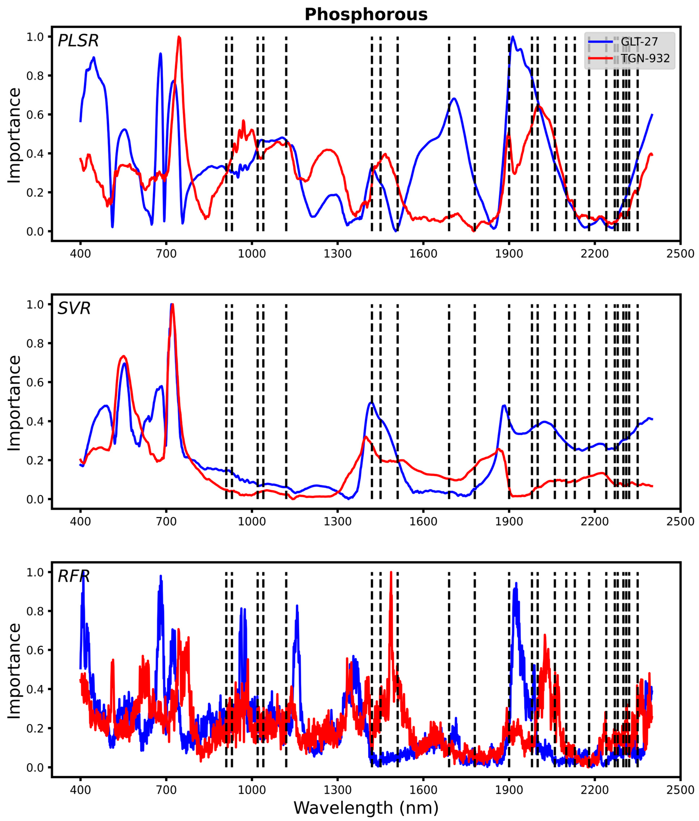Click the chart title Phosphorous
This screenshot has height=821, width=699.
tap(366, 15)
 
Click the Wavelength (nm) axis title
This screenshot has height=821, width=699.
tap(366, 807)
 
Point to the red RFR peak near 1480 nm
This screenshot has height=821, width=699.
tap(391, 573)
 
